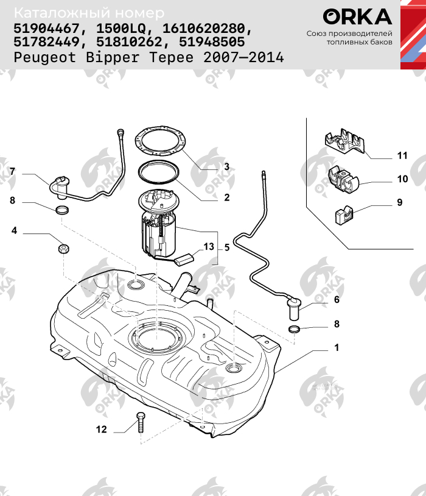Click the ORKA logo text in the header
357,17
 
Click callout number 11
402,156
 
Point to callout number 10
402,180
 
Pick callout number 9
400,202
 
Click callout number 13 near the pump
209,247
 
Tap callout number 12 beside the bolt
101,430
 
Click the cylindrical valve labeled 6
295,308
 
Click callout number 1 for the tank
336,348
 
